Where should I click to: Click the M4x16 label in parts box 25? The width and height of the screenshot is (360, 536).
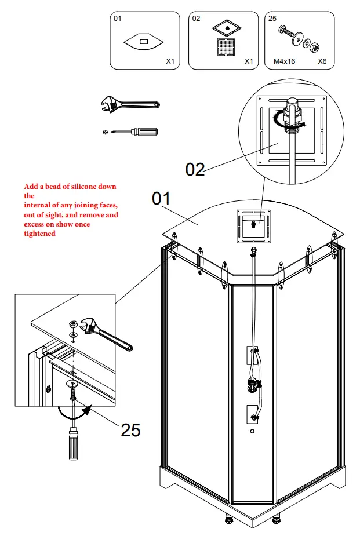pos(284,60)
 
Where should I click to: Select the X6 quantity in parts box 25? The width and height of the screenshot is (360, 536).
pos(323,60)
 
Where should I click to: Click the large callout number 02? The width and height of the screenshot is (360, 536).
pos(195,169)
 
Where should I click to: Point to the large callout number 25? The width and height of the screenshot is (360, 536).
pos(130,430)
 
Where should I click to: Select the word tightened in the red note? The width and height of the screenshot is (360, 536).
pos(40,234)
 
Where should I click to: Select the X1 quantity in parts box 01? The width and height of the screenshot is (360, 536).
pos(170,60)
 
